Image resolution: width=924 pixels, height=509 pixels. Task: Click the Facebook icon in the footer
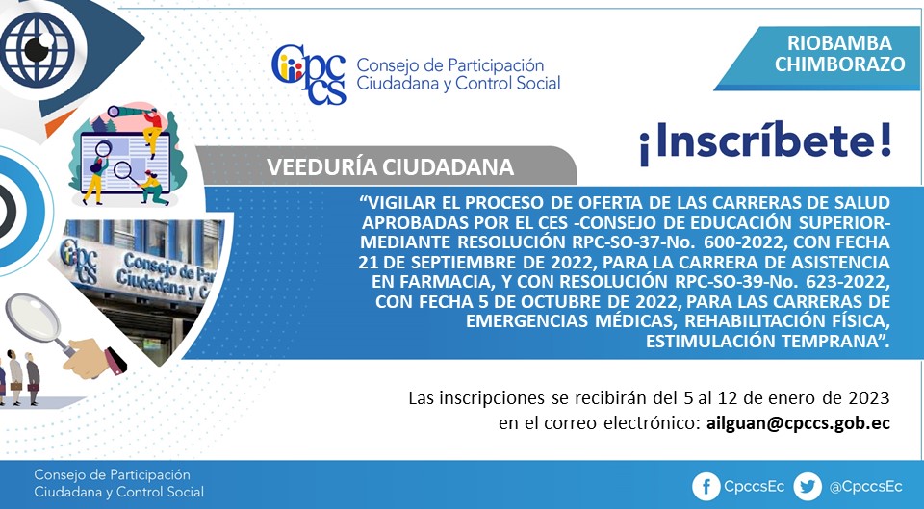(x=706, y=487)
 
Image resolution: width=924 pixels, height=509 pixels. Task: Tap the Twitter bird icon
(x=808, y=487)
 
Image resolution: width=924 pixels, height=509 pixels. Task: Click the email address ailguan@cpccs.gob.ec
(x=798, y=423)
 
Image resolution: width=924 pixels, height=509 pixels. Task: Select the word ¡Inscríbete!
(x=765, y=143)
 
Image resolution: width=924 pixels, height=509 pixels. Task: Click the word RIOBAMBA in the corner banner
(x=839, y=43)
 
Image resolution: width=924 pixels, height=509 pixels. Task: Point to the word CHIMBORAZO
(x=839, y=64)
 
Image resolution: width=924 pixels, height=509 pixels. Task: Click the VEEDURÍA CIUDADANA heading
(x=390, y=167)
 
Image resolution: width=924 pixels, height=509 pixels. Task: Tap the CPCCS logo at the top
(x=309, y=75)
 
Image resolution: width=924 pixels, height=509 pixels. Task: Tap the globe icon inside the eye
(x=38, y=49)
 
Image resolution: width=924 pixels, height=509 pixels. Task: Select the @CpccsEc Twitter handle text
(x=865, y=487)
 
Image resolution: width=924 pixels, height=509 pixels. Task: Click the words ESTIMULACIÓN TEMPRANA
(x=768, y=342)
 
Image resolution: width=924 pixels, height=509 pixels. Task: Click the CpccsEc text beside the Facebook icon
(x=754, y=487)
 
